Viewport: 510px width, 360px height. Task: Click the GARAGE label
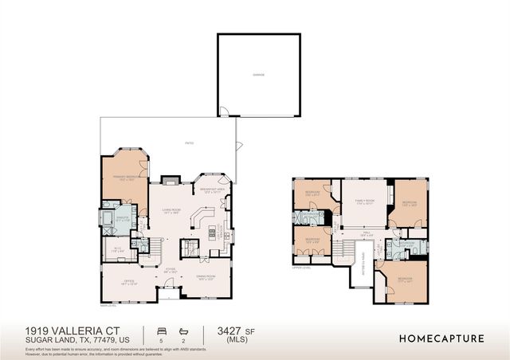click(259, 74)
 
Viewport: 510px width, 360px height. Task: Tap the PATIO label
click(189, 143)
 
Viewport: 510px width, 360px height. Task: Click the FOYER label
click(170, 269)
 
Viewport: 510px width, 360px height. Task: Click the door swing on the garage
click(226, 111)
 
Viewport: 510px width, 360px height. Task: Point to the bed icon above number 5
click(162, 329)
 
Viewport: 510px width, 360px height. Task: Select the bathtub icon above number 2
click(184, 329)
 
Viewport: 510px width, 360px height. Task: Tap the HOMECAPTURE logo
click(441, 338)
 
